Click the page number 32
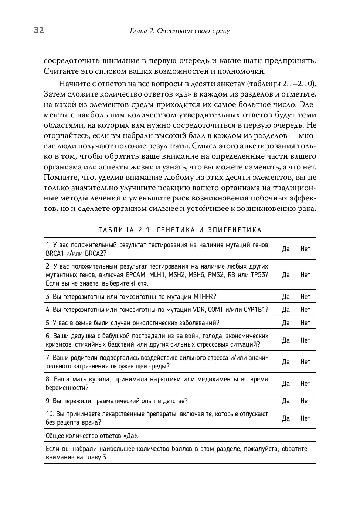pyautogui.click(x=39, y=30)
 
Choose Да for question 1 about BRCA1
pyautogui.click(x=286, y=249)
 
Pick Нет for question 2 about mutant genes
pyautogui.click(x=305, y=275)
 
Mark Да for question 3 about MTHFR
pyautogui.click(x=286, y=297)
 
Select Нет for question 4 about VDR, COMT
pyautogui.click(x=305, y=310)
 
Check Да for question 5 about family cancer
pyautogui.click(x=286, y=323)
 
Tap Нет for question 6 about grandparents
pyautogui.click(x=305, y=340)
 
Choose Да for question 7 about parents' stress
pyautogui.click(x=286, y=362)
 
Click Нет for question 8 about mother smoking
pyautogui.click(x=305, y=384)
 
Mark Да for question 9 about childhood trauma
pyautogui.click(x=286, y=401)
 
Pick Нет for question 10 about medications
pyautogui.click(x=305, y=418)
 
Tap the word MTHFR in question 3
pyautogui.click(x=205, y=297)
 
